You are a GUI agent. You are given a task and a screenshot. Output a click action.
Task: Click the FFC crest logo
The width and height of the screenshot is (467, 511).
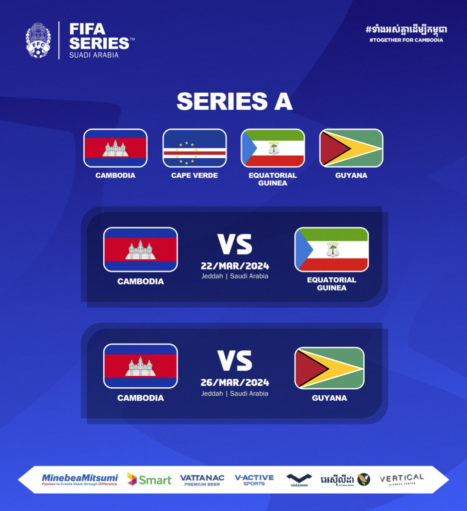tap(38, 40)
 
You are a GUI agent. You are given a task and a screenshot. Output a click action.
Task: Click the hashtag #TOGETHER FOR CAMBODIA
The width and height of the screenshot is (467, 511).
tap(406, 40)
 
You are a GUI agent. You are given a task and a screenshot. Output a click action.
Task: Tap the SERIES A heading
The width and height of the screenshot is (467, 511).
tap(234, 101)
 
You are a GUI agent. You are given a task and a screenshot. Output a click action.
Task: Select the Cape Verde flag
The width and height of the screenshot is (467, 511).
tap(195, 148)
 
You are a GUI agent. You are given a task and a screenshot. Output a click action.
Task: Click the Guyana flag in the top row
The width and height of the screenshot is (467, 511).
tap(351, 148)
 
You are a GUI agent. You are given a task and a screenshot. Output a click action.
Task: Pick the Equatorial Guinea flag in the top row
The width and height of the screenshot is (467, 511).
tap(273, 148)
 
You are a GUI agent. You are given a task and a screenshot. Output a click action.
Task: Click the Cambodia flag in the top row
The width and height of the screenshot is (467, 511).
tap(115, 148)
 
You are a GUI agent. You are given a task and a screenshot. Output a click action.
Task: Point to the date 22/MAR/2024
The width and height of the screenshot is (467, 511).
tap(235, 266)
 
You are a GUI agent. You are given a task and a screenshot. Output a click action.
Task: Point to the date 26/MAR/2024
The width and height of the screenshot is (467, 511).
tap(235, 382)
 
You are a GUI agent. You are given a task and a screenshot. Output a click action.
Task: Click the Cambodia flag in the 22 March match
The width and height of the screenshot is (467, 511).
tap(141, 250)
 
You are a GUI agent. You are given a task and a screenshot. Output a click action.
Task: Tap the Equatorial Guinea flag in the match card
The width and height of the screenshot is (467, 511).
tap(332, 250)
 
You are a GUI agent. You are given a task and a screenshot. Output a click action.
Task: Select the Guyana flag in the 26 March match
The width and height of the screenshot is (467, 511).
tap(329, 368)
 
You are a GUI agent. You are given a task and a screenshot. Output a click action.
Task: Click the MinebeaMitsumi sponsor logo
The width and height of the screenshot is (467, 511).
tap(79, 480)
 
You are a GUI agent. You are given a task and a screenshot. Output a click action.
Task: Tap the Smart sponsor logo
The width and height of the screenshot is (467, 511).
tap(149, 480)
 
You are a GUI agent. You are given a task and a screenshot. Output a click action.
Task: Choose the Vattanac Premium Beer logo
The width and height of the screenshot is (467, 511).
tap(202, 480)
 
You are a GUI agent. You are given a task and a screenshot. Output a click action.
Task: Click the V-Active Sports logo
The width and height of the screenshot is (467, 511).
tap(254, 480)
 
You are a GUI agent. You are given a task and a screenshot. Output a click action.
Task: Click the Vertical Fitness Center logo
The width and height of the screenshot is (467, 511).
tap(402, 480)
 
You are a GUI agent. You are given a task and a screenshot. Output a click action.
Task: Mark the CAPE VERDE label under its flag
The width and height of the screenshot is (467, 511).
tap(195, 175)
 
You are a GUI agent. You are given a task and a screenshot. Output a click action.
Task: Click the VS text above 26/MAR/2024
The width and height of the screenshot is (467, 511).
tap(235, 361)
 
